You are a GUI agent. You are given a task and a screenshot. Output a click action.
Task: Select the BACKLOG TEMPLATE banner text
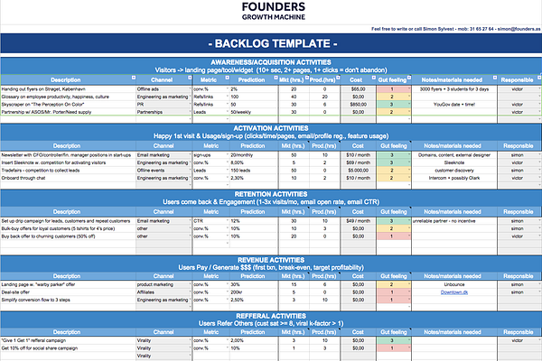pyautogui.click(x=272, y=43)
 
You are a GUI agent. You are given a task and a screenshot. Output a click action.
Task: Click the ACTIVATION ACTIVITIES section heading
pyautogui.click(x=272, y=128)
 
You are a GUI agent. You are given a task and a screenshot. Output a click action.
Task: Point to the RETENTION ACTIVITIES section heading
pyautogui.click(x=272, y=193)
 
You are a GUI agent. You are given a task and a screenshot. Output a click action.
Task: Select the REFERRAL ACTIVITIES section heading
pyautogui.click(x=272, y=307)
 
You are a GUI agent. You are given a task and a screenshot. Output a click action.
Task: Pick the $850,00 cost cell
pyautogui.click(x=358, y=104)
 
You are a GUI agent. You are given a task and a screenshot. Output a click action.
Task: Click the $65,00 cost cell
pyautogui.click(x=358, y=89)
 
